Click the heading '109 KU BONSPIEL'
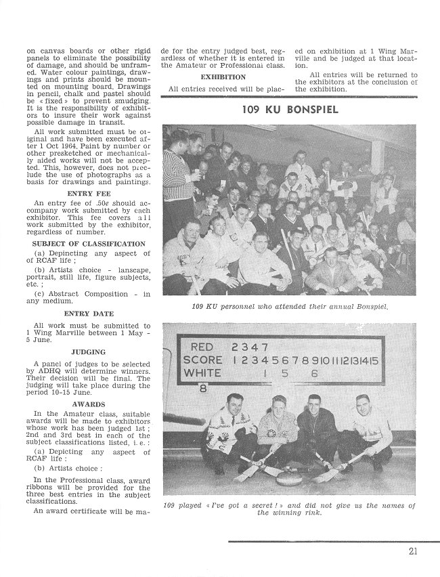(x=290, y=110)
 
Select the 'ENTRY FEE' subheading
(x=88, y=193)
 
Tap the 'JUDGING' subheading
(x=88, y=352)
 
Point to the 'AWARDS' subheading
(x=88, y=404)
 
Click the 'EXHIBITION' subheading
(x=223, y=77)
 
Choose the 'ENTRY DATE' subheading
(x=88, y=314)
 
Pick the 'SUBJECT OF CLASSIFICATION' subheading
(x=88, y=244)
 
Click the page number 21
(x=413, y=551)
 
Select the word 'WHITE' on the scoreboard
(x=202, y=373)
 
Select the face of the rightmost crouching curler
(x=363, y=404)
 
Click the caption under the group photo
(x=289, y=307)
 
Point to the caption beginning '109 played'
(x=289, y=509)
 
